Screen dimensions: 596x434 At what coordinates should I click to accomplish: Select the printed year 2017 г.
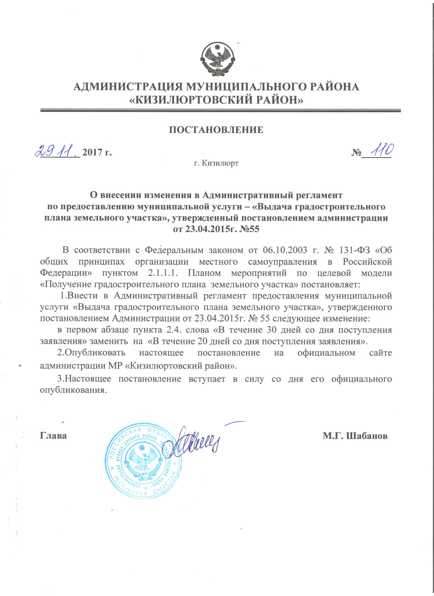[97, 153]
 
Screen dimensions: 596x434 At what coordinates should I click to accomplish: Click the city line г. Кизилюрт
[216, 164]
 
